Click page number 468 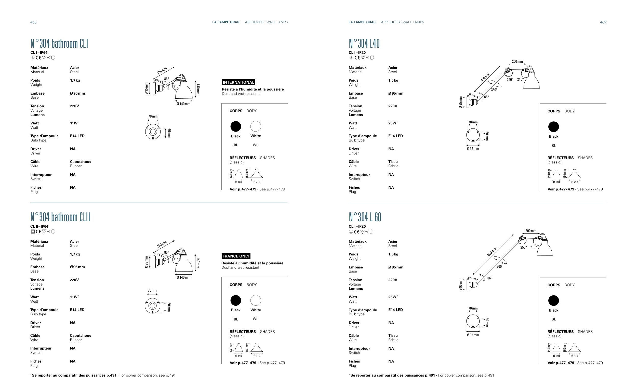tap(33, 22)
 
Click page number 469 tap(603, 22)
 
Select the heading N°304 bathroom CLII tap(60, 217)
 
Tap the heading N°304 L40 tap(364, 43)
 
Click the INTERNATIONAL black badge tap(238, 82)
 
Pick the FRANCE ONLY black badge tap(236, 256)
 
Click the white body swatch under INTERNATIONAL tap(256, 126)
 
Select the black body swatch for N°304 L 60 tap(553, 301)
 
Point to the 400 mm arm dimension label tap(485, 77)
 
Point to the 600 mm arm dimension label tap(492, 252)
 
